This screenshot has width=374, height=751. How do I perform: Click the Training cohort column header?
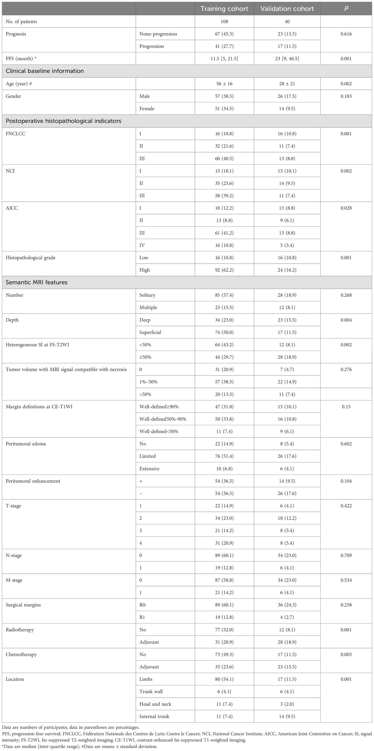point(224,9)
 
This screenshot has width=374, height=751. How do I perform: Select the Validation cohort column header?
point(287,9)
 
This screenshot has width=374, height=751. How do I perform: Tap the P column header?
point(346,9)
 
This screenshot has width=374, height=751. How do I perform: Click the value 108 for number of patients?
point(224,22)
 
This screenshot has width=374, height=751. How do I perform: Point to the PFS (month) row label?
point(21,58)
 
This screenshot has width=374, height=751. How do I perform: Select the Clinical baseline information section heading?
point(45,71)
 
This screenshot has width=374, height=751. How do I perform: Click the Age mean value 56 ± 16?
point(224,84)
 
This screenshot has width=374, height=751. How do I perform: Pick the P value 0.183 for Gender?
point(346,96)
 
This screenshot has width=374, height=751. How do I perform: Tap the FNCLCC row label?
point(15,134)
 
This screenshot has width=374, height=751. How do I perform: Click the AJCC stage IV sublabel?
point(142,245)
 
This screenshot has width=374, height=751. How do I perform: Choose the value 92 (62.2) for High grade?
point(224,270)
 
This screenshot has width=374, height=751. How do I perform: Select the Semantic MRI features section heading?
point(37,282)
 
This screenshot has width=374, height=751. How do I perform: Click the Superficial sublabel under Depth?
point(150,332)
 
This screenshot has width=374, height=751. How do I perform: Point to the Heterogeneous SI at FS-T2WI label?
point(38,345)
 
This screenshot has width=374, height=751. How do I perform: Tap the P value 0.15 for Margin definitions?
point(346,407)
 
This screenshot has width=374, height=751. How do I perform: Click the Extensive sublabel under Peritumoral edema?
point(149,469)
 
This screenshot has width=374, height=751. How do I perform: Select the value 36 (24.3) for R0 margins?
point(287,605)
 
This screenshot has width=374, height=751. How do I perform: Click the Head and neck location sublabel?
point(155,704)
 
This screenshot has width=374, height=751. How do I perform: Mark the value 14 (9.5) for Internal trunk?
point(287,716)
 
